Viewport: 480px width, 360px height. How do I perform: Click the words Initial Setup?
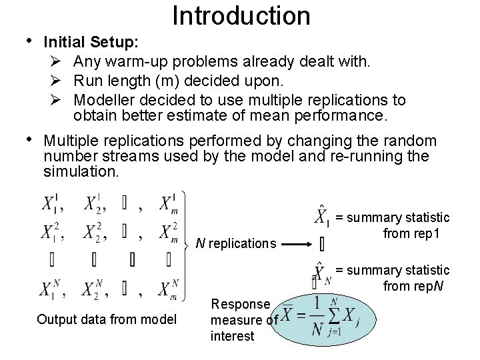(91, 41)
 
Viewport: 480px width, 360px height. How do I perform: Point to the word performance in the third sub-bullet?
(346, 116)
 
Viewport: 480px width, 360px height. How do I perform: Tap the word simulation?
(81, 171)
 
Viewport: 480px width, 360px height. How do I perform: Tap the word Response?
(240, 303)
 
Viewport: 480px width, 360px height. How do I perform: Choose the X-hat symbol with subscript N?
(321, 273)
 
